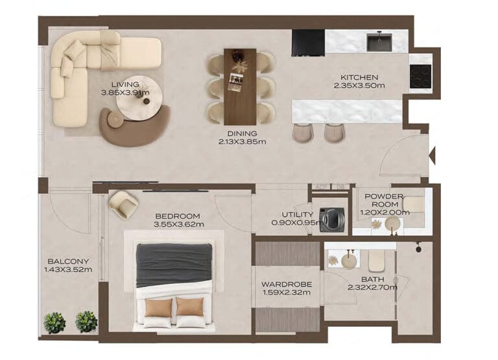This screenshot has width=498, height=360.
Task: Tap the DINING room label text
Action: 241,133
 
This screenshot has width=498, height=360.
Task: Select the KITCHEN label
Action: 359,77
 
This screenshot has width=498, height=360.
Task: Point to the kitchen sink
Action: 379,42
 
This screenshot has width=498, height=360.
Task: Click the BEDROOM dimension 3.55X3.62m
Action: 178,225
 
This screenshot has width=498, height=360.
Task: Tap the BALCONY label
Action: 67,261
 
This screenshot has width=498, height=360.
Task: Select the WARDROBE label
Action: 286,284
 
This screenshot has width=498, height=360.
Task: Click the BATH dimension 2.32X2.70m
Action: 372,287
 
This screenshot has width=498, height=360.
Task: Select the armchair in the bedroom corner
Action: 123,204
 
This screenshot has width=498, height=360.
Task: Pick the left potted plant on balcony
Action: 54,322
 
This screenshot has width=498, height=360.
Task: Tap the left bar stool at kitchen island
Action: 303,132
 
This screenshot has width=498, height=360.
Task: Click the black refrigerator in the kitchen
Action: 308,43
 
